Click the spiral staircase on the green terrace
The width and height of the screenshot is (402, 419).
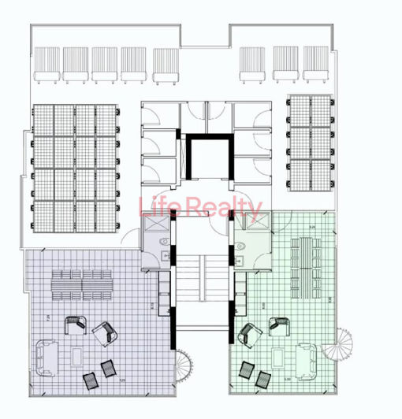click(343, 344)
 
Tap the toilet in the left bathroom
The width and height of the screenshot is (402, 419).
click(162, 243)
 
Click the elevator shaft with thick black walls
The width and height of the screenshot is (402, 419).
click(208, 161)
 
